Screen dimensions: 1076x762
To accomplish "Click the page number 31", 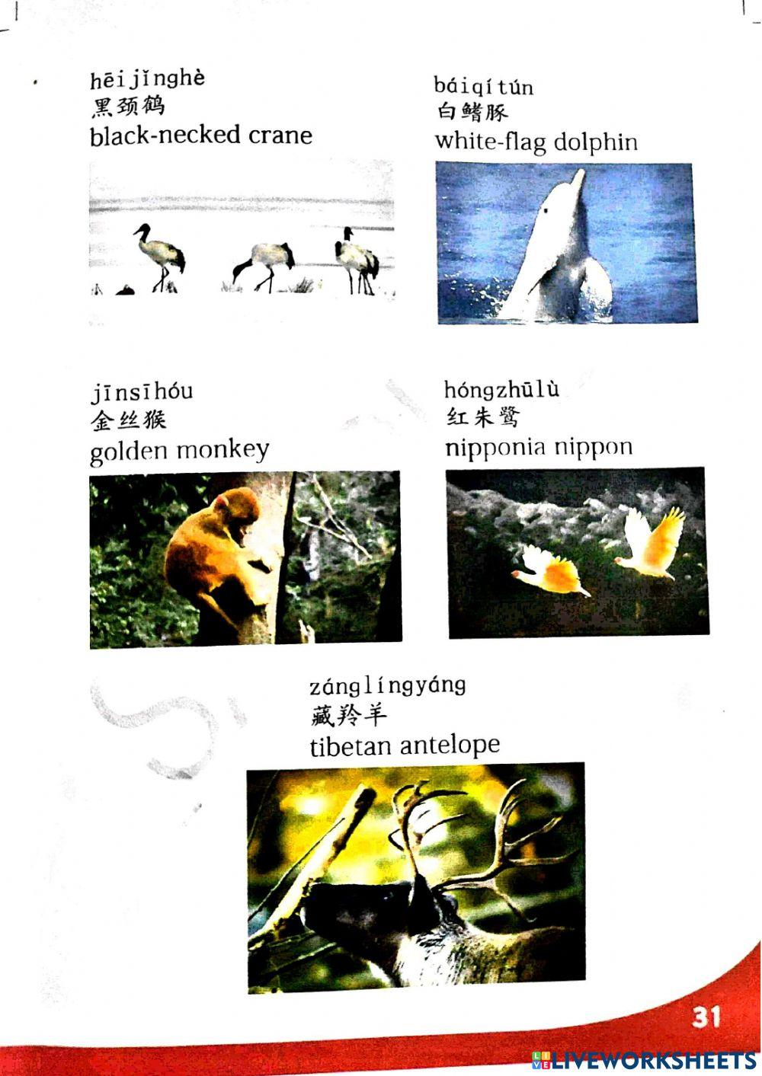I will [x=706, y=1017].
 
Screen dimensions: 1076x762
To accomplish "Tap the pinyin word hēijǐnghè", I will [x=147, y=79].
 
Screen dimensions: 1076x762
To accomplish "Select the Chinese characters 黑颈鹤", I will [x=127, y=107].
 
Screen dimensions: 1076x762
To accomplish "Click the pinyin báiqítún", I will [x=484, y=85].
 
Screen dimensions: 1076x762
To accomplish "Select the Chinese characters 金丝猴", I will [x=127, y=420].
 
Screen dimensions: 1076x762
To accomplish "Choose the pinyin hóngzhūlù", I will [x=501, y=389].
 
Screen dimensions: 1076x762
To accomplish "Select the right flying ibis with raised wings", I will [x=652, y=544].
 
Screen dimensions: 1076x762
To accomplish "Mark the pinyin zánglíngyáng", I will [x=387, y=685].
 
